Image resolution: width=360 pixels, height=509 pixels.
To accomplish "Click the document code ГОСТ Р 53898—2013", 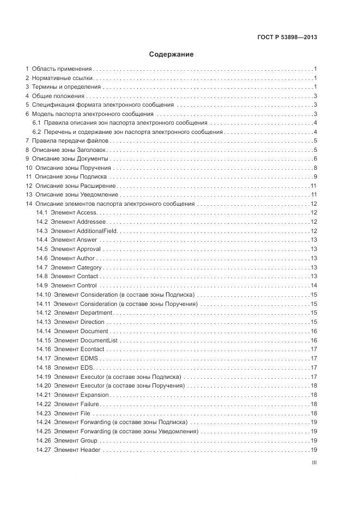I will (x=286, y=38).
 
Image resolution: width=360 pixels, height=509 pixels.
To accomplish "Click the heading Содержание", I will (x=171, y=54).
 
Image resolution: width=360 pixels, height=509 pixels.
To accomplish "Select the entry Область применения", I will (x=62, y=69).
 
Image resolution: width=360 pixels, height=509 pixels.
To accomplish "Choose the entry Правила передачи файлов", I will (x=70, y=140).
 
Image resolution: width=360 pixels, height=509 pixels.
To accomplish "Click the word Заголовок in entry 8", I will (x=93, y=149).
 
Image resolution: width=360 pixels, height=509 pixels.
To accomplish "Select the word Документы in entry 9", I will (x=94, y=158).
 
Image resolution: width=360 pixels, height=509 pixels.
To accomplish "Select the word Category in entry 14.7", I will (x=89, y=267).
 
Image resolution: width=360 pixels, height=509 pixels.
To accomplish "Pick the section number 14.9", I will (x=42, y=285).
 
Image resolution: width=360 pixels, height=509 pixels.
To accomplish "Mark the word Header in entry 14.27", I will (x=90, y=449).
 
